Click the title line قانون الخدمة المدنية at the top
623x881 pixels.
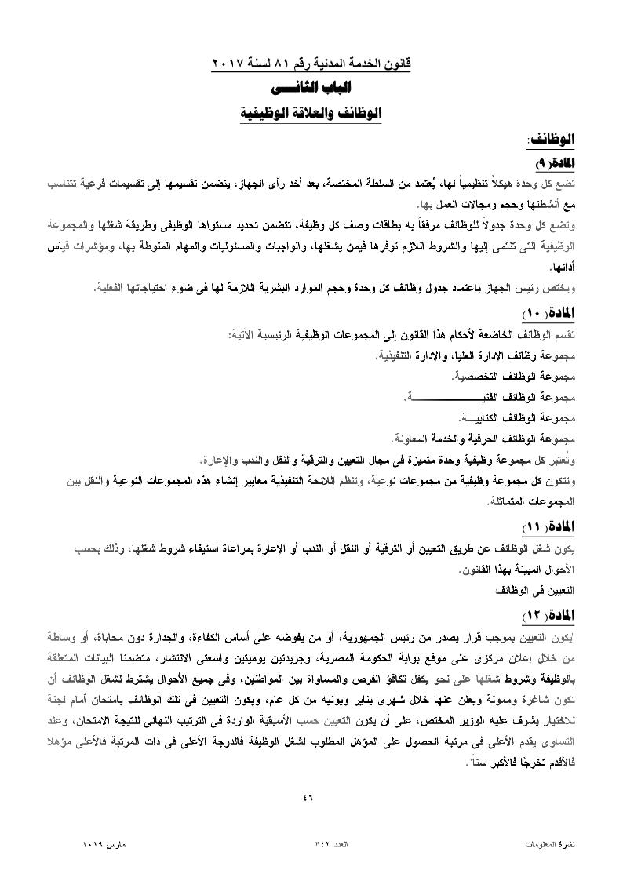click(312, 61)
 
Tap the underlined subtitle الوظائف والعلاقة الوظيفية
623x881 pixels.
click(312, 114)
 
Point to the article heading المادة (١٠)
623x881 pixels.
click(549, 314)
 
